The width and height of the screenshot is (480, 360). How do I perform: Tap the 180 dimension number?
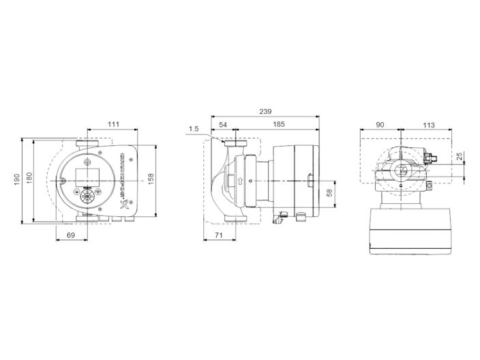tap(29, 177)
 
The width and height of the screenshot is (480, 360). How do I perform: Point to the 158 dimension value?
tap(151, 178)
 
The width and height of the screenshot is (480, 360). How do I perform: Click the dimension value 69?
tap(71, 235)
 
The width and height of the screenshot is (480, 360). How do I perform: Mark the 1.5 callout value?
tap(194, 128)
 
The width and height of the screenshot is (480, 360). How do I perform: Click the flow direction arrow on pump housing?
tap(239, 181)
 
